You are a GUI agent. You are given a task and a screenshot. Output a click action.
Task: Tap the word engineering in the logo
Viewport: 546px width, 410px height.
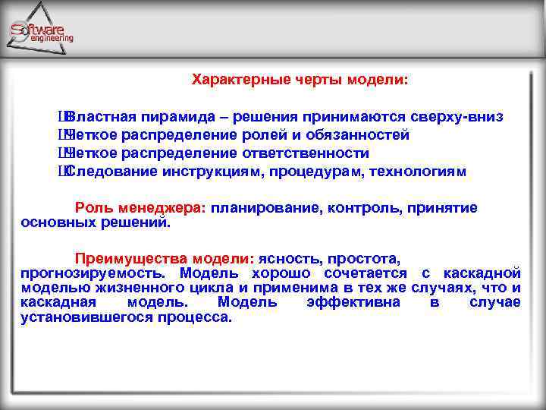point(52,38)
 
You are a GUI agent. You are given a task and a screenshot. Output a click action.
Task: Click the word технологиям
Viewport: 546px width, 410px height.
point(418,172)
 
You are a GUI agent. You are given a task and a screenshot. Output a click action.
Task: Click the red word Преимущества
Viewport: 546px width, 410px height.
point(125,258)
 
